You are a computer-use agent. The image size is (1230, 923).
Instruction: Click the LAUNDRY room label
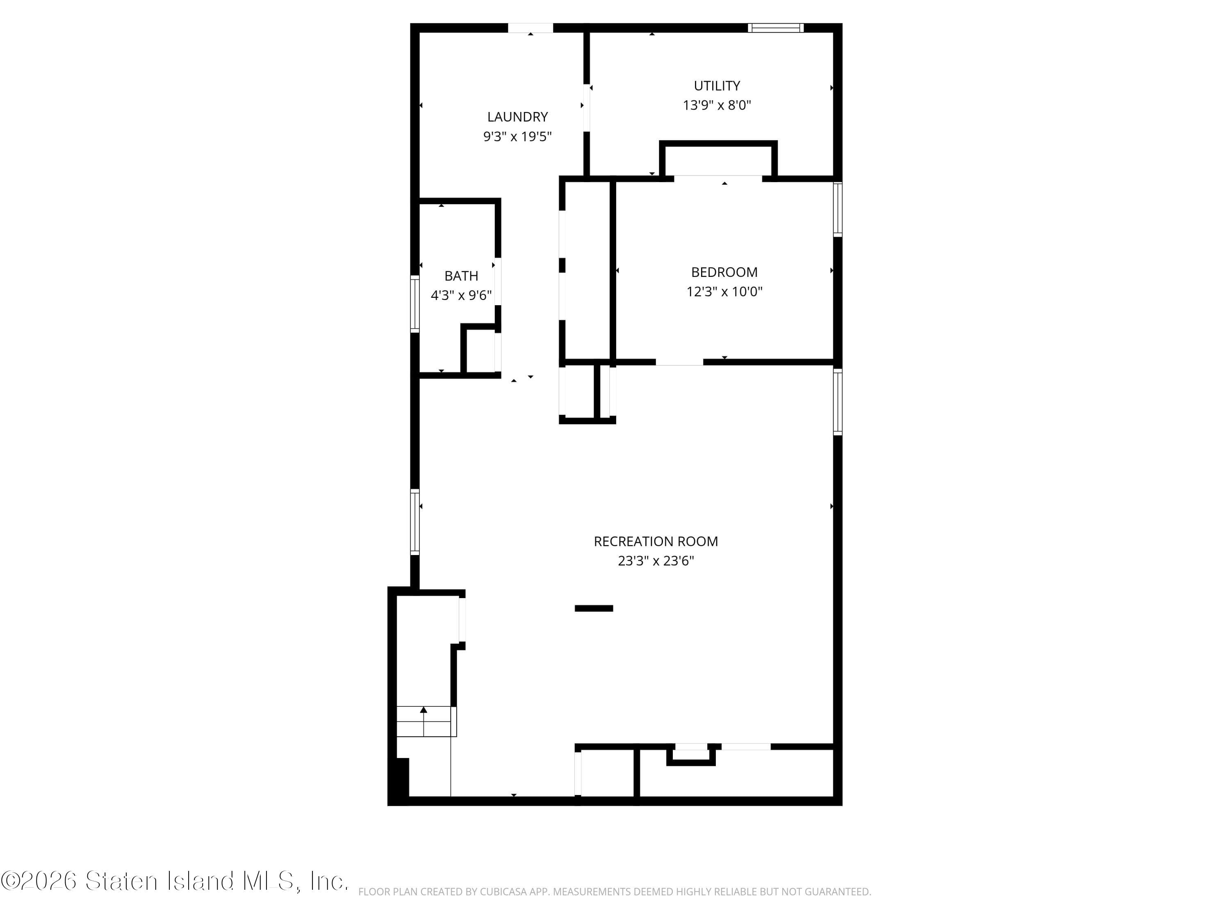(517, 117)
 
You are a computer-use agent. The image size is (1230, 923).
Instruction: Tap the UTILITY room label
(717, 86)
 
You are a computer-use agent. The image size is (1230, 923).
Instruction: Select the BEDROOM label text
(724, 272)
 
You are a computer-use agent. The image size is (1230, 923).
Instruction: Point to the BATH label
(461, 276)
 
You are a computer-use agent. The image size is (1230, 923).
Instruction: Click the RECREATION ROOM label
(656, 541)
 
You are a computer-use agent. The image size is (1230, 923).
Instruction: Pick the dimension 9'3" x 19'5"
(517, 136)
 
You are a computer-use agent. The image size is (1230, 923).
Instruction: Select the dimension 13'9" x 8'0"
(717, 105)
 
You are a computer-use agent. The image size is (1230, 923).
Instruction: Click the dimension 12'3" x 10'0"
(724, 292)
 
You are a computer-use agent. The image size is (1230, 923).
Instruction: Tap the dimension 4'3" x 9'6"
(461, 295)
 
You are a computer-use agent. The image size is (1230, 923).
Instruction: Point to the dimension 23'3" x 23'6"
(656, 561)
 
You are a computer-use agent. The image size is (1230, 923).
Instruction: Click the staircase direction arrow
(424, 711)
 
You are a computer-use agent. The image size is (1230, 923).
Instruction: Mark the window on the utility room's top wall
(775, 28)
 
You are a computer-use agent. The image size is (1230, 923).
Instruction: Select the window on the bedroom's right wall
(837, 209)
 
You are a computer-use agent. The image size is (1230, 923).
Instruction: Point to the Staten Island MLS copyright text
(175, 881)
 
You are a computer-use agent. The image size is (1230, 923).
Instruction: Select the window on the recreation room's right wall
(837, 402)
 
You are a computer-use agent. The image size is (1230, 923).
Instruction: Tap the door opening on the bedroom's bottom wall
(679, 362)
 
